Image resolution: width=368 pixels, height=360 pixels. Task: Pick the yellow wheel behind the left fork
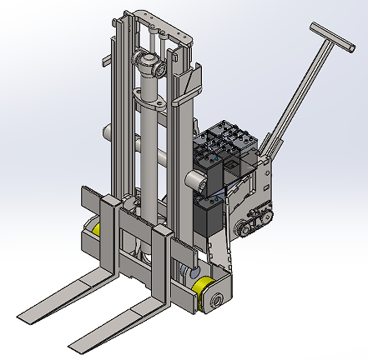[98, 229]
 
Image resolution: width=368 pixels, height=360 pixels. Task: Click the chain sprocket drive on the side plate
[253, 217]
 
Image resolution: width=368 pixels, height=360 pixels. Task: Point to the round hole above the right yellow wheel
[185, 271]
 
